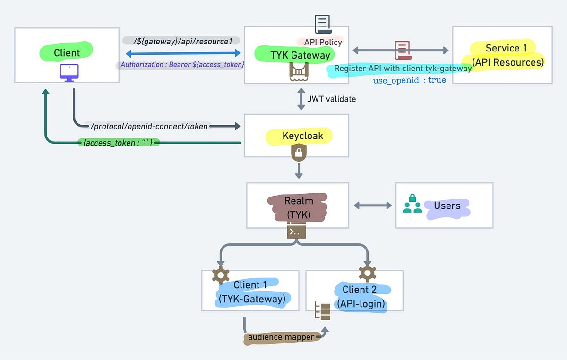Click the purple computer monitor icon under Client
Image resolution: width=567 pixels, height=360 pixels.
(x=69, y=72)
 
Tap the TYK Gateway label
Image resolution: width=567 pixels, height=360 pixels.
(x=293, y=55)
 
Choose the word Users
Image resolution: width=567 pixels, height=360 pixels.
(x=447, y=206)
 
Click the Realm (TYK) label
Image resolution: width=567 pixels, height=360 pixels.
(x=298, y=207)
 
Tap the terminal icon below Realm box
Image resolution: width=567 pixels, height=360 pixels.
(x=296, y=231)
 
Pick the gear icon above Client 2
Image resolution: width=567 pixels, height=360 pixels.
(x=367, y=273)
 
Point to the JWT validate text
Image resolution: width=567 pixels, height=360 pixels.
(x=331, y=99)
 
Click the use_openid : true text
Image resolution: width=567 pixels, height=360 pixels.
(x=409, y=80)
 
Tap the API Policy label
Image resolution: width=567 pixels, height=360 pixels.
(x=323, y=42)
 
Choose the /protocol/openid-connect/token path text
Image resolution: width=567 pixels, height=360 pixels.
(x=149, y=127)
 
